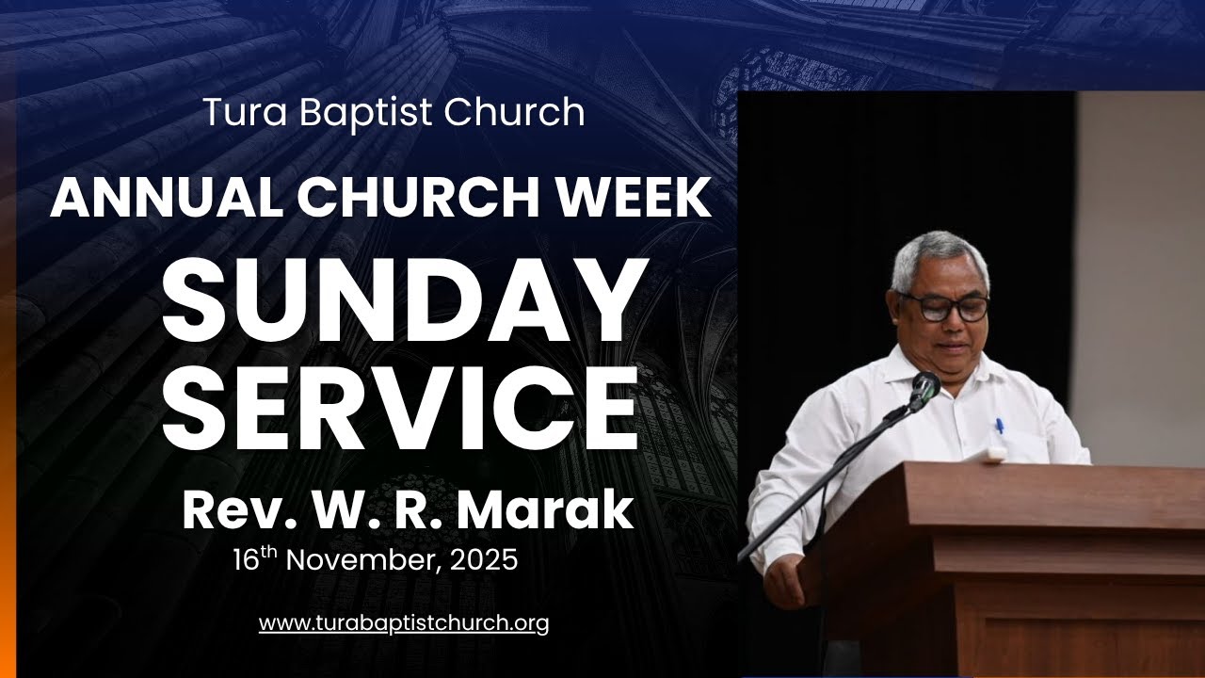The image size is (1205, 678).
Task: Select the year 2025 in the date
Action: pos(484,560)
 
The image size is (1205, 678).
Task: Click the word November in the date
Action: pos(361,560)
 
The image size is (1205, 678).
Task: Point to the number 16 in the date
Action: pos(247,560)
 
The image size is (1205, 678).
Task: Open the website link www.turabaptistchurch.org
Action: pos(404,623)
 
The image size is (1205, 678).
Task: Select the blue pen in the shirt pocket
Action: pos(999,428)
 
